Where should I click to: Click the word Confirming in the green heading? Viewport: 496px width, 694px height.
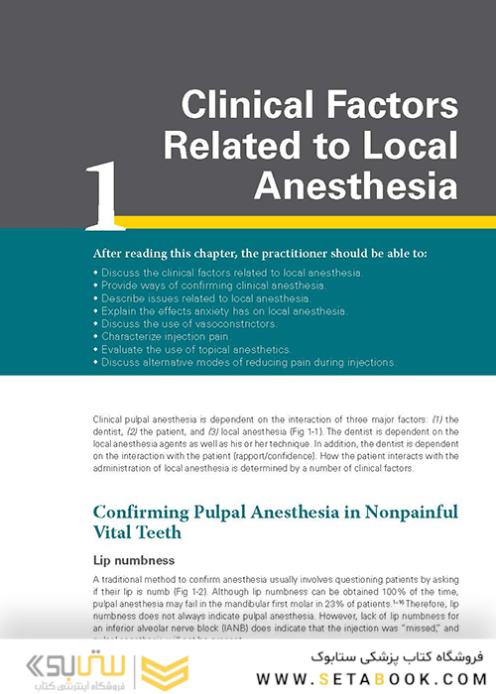[145, 513]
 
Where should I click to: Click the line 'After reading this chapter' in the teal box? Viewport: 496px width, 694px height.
[259, 253]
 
